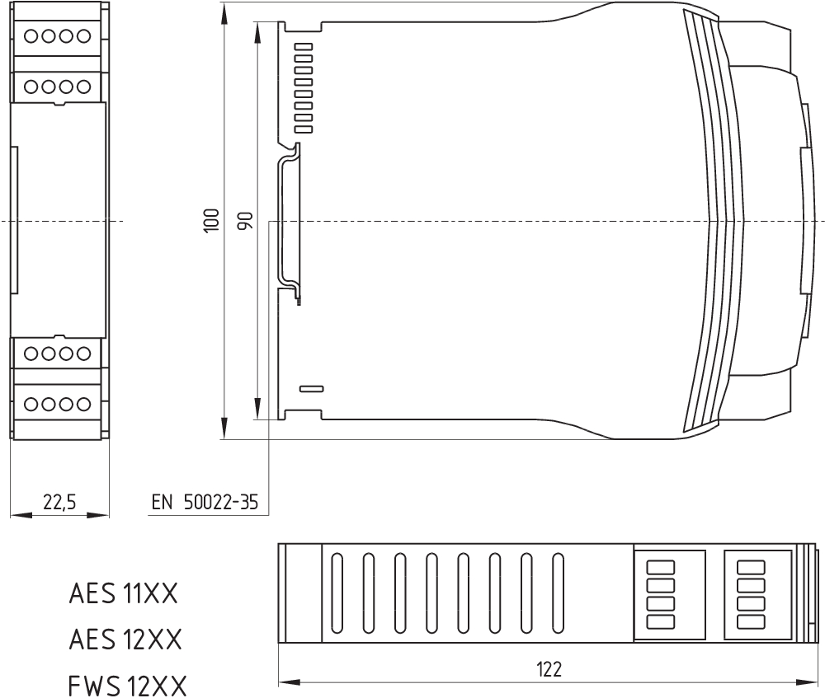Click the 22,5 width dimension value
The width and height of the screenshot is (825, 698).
point(59,503)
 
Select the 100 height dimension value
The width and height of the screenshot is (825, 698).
point(211,221)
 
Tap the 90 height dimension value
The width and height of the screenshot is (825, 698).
point(245,221)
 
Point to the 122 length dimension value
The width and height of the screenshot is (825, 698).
point(549,670)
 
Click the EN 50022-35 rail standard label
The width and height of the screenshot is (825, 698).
point(205,503)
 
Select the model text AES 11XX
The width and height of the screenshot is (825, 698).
point(124,594)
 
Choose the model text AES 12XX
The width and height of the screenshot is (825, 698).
point(125,639)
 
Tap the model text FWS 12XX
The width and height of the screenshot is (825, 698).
point(127,686)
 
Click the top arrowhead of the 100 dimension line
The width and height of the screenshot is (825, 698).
point(224,12)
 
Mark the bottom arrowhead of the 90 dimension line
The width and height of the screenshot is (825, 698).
point(257,409)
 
